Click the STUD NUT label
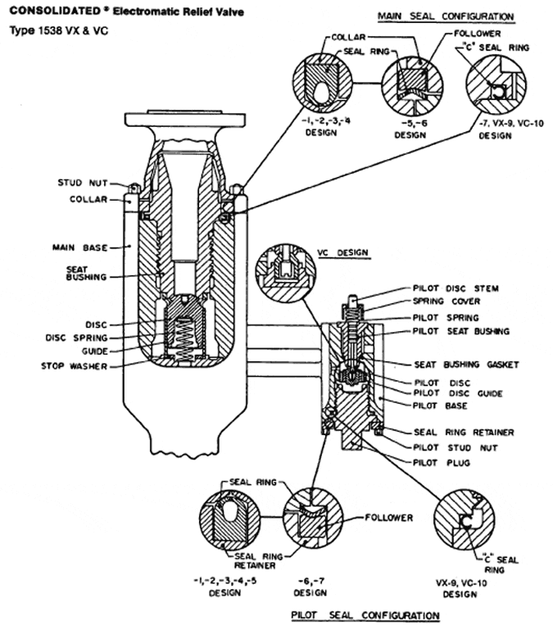[x=83, y=183]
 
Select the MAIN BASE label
[x=79, y=247]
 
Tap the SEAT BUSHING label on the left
[x=86, y=274]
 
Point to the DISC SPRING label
[x=76, y=338]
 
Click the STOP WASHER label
[x=74, y=366]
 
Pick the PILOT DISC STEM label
[x=456, y=288]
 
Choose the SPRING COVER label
[x=446, y=302]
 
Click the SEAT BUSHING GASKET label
[x=466, y=365]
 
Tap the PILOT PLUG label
[x=442, y=462]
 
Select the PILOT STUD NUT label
[x=455, y=447]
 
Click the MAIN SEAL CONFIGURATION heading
[x=446, y=16]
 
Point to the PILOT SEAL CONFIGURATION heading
[x=365, y=615]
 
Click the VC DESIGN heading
[x=343, y=252]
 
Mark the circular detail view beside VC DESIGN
[x=286, y=274]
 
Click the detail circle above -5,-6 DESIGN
[x=413, y=87]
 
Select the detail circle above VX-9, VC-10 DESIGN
[x=464, y=519]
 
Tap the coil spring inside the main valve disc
[x=184, y=339]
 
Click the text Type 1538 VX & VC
[x=59, y=31]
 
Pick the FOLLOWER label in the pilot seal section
[x=388, y=518]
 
